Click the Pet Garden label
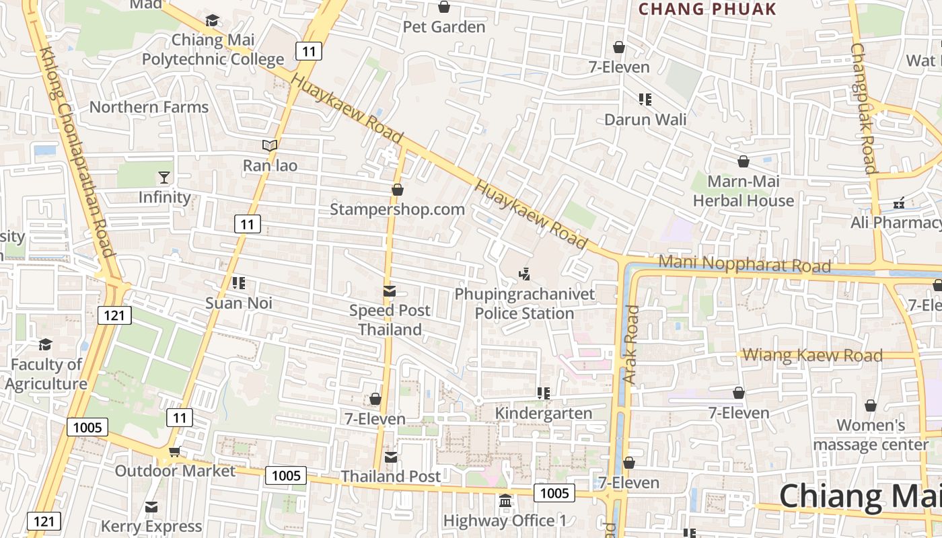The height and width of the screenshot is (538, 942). click(x=444, y=27)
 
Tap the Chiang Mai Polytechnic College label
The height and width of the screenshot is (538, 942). click(x=213, y=50)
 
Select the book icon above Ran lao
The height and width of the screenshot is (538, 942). click(x=270, y=145)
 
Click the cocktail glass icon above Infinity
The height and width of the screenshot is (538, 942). click(x=164, y=178)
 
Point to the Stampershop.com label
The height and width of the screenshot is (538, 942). click(x=397, y=209)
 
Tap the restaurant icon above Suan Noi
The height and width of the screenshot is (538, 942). click(x=238, y=283)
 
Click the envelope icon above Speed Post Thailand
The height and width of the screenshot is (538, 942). click(x=390, y=291)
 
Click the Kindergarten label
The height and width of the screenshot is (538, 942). click(x=544, y=413)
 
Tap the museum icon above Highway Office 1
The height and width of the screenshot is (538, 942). click(x=505, y=501)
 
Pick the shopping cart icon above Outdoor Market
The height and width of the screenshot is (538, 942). click(x=175, y=451)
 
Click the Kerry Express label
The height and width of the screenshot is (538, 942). click(x=151, y=526)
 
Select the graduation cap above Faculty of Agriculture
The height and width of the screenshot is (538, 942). click(x=45, y=345)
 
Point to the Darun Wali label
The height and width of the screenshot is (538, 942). click(x=645, y=120)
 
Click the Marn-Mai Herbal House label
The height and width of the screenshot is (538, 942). click(x=744, y=191)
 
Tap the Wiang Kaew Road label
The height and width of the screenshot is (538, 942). click(x=813, y=355)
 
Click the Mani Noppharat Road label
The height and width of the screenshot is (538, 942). click(x=745, y=264)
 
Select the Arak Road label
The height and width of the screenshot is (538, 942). click(x=631, y=345)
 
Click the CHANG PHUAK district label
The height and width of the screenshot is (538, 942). click(x=707, y=9)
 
